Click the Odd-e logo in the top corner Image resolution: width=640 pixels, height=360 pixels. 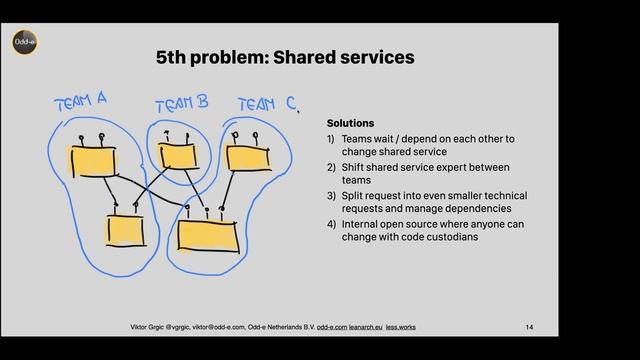[25, 43]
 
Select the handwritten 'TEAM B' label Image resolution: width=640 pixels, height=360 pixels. [183, 103]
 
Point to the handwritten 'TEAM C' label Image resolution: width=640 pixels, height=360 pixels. [265, 103]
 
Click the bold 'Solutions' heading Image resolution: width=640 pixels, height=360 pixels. [350, 123]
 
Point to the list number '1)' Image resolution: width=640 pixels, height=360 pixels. [331, 139]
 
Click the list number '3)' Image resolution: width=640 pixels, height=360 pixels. [331, 196]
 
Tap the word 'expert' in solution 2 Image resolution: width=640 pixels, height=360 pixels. [457, 167]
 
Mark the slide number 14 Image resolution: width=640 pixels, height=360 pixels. [529, 327]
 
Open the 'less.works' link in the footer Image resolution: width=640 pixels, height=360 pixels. [403, 327]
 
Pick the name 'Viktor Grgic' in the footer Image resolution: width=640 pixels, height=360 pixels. [152, 327]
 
